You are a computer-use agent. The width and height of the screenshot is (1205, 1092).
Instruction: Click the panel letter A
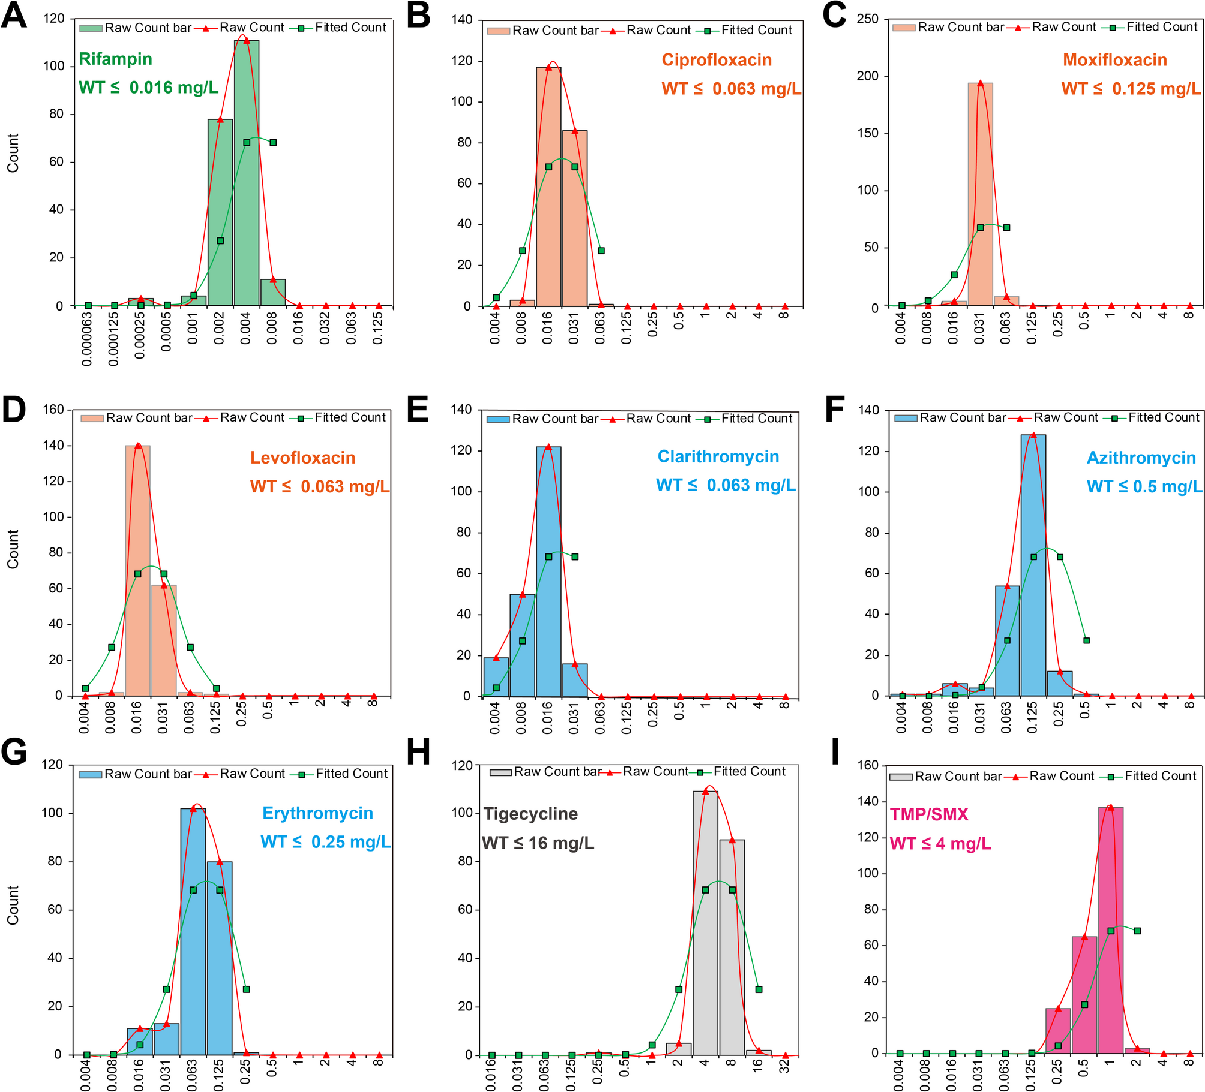[14, 16]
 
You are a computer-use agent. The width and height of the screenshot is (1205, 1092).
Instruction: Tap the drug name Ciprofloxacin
[717, 60]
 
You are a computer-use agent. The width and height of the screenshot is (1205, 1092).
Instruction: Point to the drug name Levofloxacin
[302, 458]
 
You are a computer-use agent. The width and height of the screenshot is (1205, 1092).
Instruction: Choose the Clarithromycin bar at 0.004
[496, 678]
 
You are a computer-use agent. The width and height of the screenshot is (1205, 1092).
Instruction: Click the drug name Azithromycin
[1141, 458]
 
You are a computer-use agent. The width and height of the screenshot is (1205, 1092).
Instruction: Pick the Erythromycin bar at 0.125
[220, 959]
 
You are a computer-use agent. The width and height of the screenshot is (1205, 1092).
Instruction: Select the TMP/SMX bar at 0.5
[1084, 995]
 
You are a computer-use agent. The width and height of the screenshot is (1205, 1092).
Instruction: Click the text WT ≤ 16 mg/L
[538, 844]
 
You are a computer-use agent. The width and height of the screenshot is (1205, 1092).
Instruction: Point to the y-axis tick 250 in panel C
[867, 19]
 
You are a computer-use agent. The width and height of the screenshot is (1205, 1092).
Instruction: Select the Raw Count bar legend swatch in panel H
[500, 772]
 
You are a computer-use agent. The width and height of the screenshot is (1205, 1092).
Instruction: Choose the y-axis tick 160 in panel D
[53, 410]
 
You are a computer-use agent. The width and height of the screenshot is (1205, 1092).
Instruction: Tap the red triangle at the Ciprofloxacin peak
[548, 67]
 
